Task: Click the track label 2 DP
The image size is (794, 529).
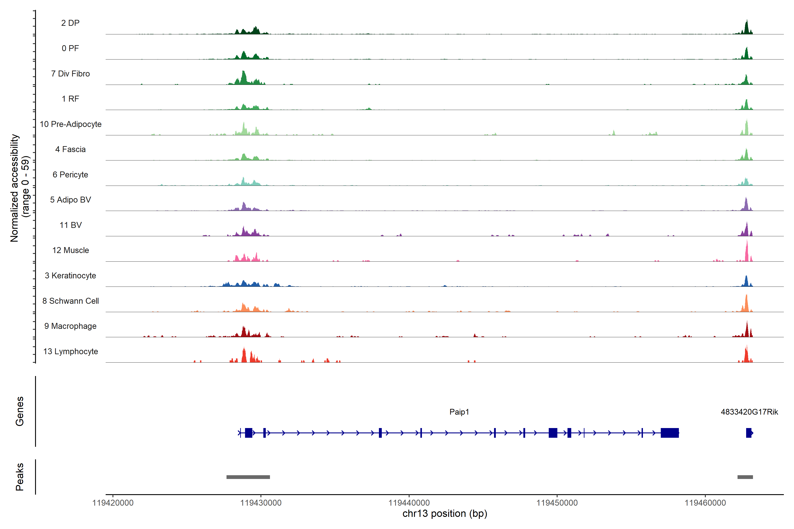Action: click(x=70, y=23)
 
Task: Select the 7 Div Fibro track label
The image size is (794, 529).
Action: click(x=70, y=74)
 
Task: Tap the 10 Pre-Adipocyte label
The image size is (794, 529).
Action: click(x=71, y=124)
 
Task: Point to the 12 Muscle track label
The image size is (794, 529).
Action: click(x=71, y=250)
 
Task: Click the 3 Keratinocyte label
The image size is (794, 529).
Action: click(x=70, y=276)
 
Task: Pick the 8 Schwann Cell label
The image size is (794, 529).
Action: click(x=71, y=301)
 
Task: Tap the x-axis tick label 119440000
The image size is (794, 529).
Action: click(x=409, y=503)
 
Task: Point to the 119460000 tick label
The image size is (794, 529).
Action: click(x=705, y=503)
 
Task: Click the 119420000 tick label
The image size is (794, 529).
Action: click(x=113, y=503)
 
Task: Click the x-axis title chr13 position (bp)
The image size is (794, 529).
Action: click(x=445, y=514)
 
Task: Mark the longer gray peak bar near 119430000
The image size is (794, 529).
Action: click(x=248, y=477)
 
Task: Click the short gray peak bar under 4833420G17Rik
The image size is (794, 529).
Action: click(x=745, y=477)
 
